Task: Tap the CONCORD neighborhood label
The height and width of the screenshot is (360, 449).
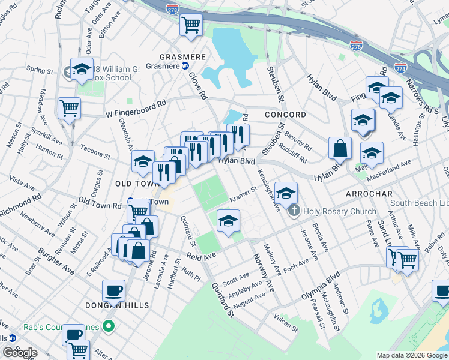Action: (286, 115)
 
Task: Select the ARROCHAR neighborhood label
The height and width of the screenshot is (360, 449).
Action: (369, 194)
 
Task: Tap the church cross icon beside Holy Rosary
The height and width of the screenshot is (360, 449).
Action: (294, 211)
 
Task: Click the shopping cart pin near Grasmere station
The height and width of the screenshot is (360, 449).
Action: (191, 25)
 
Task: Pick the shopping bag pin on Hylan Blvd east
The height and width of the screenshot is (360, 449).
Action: (340, 148)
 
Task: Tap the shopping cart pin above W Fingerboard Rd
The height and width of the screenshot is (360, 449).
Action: (69, 109)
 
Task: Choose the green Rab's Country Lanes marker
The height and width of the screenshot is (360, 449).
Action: (108, 327)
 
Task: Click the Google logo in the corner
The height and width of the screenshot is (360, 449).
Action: (19, 353)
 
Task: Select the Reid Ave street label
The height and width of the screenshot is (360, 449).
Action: (200, 256)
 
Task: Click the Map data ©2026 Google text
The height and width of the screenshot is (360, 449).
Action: (411, 355)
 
